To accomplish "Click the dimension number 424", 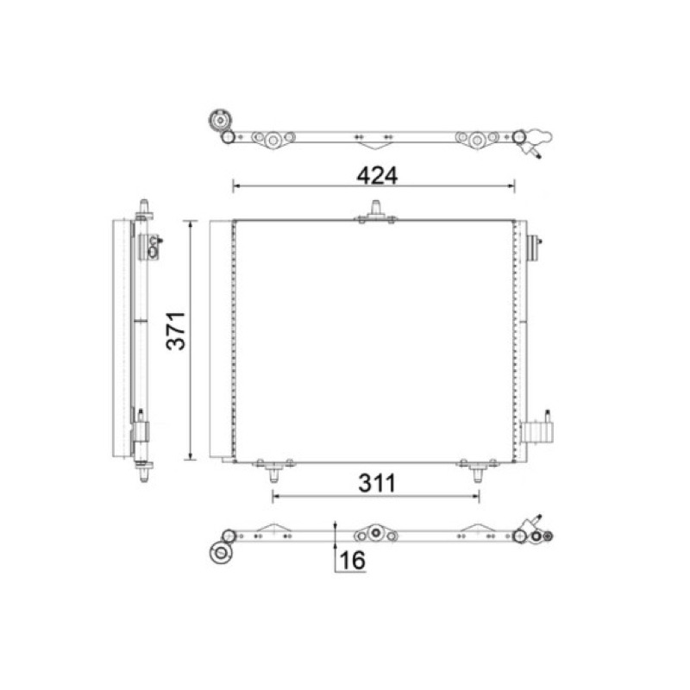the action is coord(377,176).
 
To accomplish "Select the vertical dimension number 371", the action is coord(176,330).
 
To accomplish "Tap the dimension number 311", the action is coord(377,483).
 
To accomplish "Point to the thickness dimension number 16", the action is coord(353,560).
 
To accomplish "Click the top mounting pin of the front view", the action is coord(376,208).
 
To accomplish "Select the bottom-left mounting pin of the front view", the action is coord(273,475).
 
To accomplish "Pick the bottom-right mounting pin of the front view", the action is coord(478,475).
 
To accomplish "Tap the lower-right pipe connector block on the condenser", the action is coord(536,432).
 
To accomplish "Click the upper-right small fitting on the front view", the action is coord(534,248).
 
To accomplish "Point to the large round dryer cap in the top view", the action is coord(218,120).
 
